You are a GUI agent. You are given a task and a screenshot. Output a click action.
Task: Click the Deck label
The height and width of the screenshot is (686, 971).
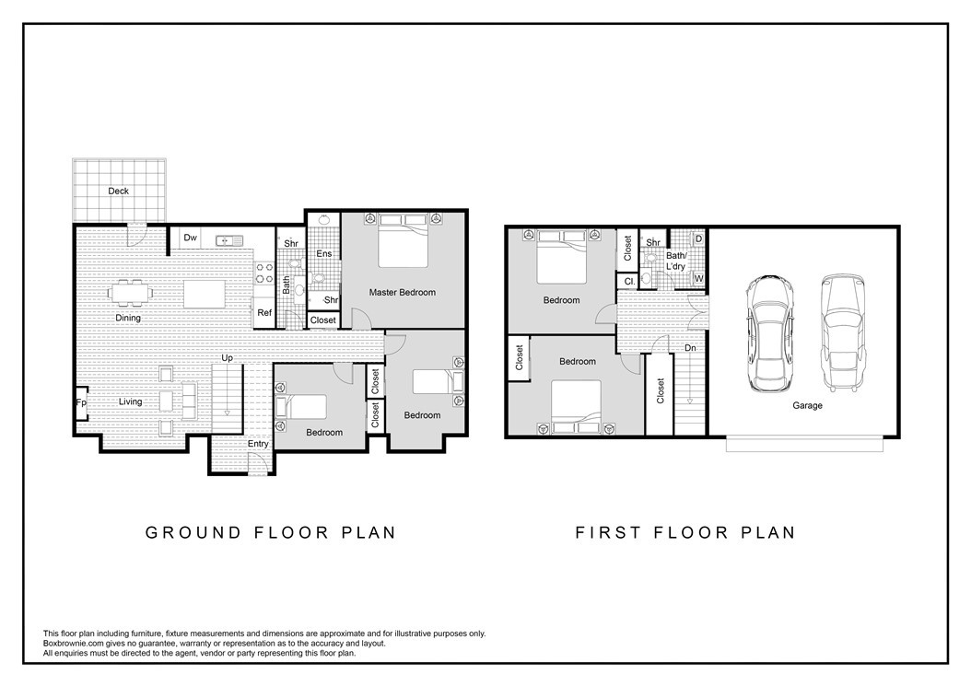point(118,191)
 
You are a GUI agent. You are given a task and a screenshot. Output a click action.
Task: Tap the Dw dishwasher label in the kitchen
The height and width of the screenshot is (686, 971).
point(190,238)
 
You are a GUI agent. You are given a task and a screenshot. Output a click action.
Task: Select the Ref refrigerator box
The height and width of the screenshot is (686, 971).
point(264,313)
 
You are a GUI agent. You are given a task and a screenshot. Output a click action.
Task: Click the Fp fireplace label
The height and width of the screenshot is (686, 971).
point(80,402)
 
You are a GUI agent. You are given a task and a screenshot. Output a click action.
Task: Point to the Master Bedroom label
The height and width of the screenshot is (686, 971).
point(403,292)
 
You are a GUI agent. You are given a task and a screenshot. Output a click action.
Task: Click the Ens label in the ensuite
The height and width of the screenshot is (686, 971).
point(324,254)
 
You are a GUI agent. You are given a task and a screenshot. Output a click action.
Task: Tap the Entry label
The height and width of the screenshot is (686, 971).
point(258,444)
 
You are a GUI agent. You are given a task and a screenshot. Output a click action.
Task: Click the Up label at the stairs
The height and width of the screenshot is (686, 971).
point(228,358)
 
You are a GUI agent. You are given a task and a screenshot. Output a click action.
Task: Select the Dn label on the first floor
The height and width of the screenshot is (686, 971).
point(690,349)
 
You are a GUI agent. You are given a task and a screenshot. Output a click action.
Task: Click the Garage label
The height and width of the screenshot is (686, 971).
point(807,405)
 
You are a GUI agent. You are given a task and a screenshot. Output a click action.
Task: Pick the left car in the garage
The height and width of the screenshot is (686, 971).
point(769,333)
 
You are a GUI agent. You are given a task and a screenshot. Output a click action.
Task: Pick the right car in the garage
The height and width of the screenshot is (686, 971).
point(842,333)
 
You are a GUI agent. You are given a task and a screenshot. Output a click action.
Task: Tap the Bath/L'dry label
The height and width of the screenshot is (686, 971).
point(676,261)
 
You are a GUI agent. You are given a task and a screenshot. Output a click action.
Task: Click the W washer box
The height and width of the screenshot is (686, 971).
point(698,279)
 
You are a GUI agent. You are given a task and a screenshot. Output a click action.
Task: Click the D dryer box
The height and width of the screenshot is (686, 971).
point(698,239)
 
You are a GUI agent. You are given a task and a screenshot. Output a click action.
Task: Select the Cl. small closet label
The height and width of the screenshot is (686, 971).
point(630,282)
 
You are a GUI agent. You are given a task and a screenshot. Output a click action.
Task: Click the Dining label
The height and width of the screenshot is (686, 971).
point(128,319)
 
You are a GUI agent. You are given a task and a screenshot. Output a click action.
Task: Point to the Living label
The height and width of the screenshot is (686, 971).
point(131,401)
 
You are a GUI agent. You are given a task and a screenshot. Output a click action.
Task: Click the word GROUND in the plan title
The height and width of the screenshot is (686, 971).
point(193,532)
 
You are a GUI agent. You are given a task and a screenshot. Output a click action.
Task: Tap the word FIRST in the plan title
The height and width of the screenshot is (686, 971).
point(607,532)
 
